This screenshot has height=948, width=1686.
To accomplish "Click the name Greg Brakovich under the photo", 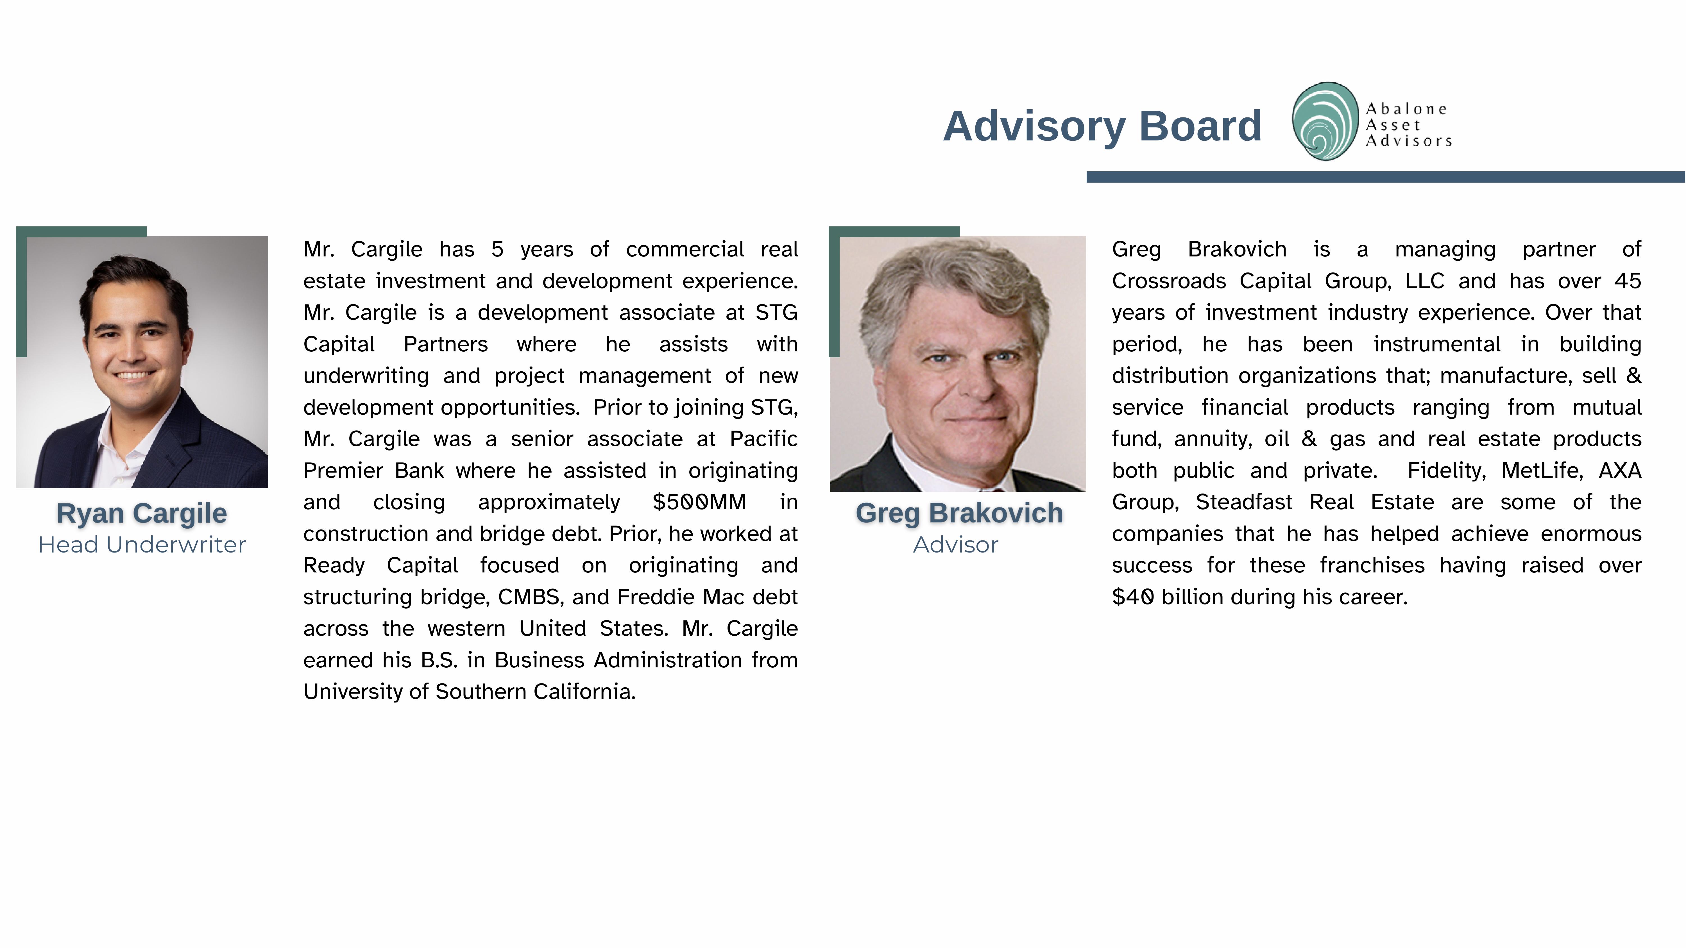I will [959, 513].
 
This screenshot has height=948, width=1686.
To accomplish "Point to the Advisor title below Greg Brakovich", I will [956, 544].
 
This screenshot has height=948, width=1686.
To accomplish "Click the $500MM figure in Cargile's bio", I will [699, 502].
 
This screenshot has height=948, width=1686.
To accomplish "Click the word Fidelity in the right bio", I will [1447, 470].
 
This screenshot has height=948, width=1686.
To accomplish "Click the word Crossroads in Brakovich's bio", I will [1168, 281].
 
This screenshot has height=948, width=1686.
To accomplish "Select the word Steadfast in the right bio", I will [1243, 502].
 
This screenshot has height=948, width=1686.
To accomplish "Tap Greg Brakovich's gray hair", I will [956, 275].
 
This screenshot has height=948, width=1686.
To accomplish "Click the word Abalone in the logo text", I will [1406, 109].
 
